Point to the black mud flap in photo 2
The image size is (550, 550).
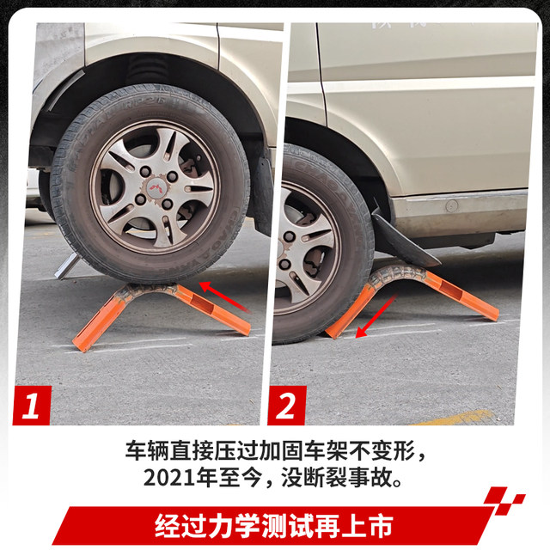pyautogui.click(x=404, y=241)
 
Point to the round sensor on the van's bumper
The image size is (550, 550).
pyautogui.click(x=451, y=206)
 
